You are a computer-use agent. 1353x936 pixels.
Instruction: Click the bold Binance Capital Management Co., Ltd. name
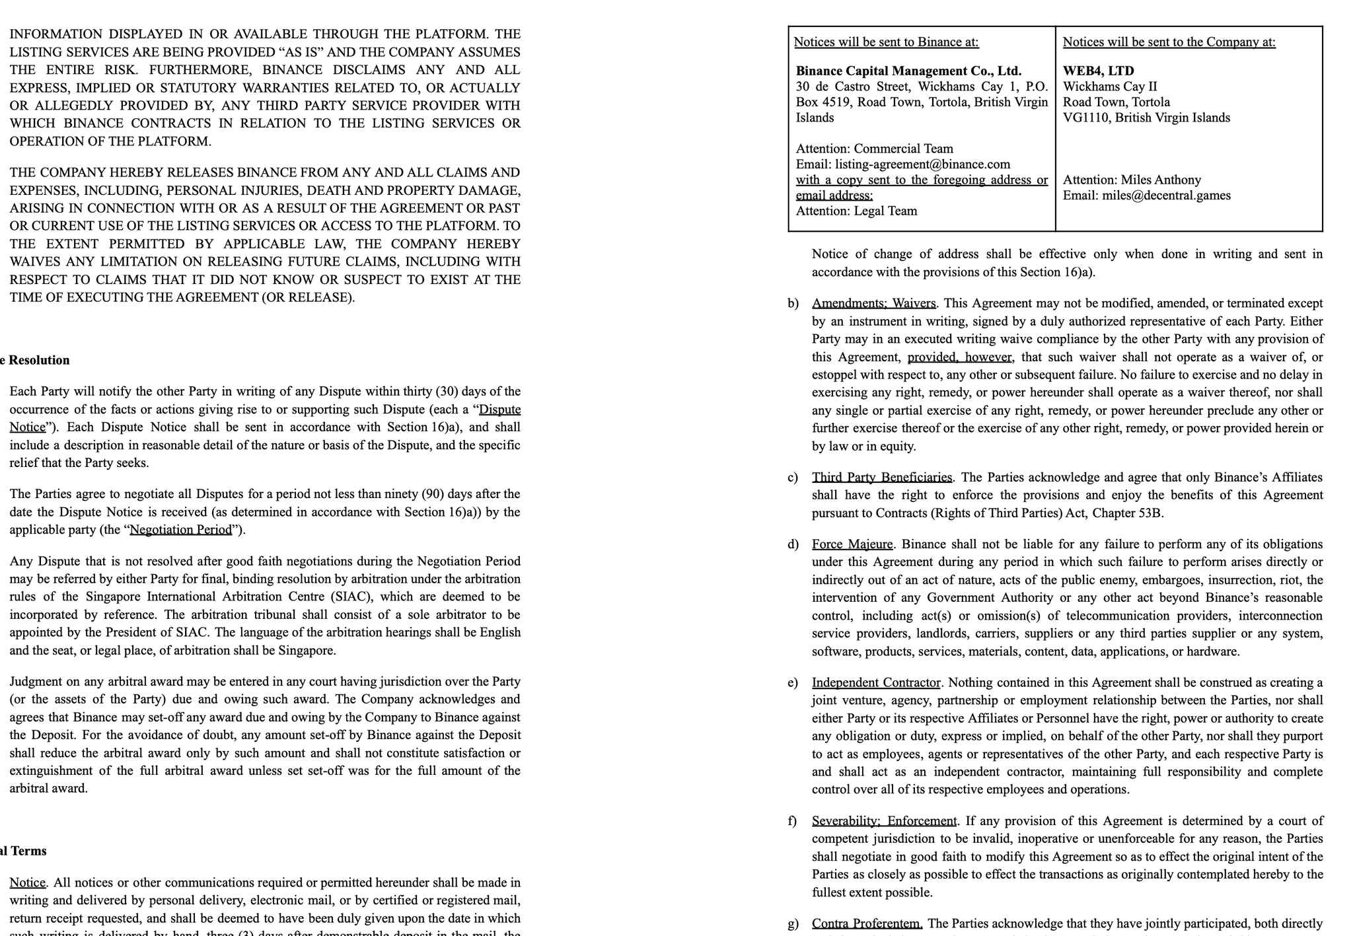908,71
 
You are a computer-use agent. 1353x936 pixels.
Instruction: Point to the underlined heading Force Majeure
852,544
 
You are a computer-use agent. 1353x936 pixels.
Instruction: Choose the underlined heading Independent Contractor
876,682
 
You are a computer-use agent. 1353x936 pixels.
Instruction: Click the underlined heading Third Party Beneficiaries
882,477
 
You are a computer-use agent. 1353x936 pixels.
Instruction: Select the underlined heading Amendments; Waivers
873,303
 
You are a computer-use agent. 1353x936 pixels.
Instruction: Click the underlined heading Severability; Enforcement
884,821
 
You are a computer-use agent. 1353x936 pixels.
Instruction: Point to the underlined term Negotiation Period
181,530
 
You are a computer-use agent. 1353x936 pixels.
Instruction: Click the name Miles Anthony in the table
1161,180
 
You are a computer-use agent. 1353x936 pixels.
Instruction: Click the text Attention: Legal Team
856,211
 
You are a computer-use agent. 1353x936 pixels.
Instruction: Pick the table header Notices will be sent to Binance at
886,42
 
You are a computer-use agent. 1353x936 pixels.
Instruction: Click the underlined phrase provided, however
959,357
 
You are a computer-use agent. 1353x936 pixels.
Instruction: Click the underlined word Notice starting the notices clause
27,882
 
